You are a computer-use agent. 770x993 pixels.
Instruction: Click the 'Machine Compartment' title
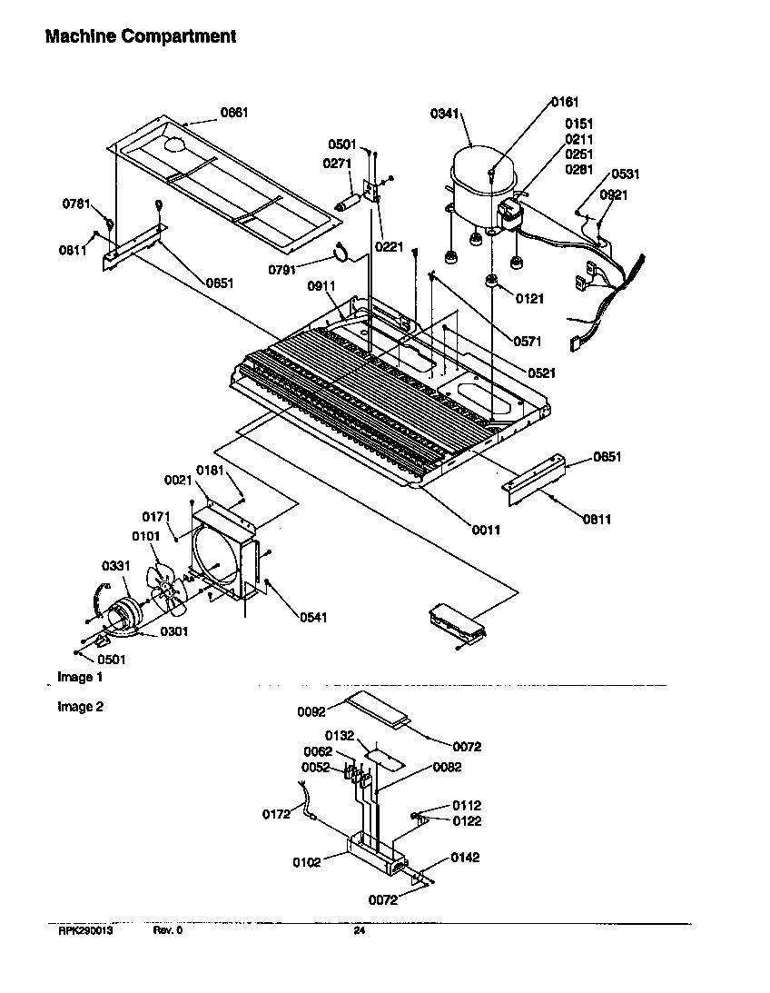pos(141,37)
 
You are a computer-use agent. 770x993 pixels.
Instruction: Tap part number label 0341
pos(444,114)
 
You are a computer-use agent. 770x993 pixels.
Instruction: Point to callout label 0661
pos(234,113)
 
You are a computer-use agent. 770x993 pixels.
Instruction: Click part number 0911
pos(321,285)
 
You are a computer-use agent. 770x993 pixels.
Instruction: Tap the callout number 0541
pos(313,618)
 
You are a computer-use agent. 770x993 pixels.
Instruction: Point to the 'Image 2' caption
pos(81,707)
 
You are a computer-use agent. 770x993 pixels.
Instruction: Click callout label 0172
pos(276,814)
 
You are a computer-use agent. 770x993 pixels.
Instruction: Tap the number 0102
pos(306,862)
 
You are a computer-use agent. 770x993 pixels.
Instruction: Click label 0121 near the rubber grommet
pos(530,298)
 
